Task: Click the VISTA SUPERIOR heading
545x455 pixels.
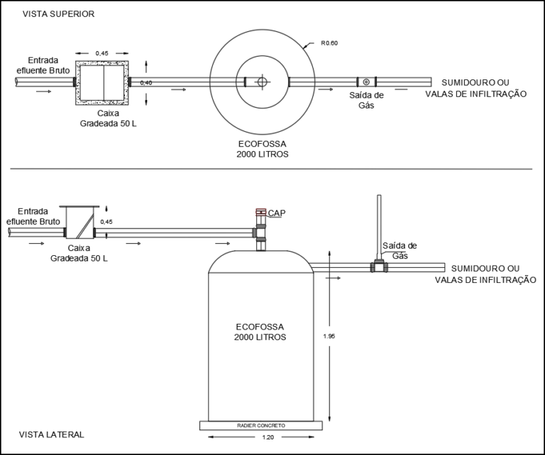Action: [x=58, y=14]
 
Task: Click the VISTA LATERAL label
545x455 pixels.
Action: [x=51, y=434]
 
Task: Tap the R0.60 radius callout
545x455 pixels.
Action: [x=329, y=43]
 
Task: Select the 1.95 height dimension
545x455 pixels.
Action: [x=329, y=336]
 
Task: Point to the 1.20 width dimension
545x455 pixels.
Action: [x=268, y=437]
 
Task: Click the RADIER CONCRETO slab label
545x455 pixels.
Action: [x=261, y=425]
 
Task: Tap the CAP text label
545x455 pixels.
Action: [x=277, y=213]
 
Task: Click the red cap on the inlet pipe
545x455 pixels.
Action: [x=261, y=212]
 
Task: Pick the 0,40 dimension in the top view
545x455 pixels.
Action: [x=146, y=83]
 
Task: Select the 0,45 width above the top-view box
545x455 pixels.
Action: [x=102, y=53]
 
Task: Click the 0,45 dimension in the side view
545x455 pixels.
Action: [x=106, y=222]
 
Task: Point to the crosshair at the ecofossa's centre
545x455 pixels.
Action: [x=262, y=82]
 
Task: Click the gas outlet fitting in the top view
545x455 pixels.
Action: [x=366, y=82]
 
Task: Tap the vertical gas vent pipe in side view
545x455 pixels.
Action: [x=379, y=227]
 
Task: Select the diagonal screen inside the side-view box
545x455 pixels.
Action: [x=85, y=226]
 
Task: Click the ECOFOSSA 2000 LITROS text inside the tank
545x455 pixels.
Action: [x=260, y=332]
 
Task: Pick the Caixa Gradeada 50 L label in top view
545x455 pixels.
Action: [x=108, y=118]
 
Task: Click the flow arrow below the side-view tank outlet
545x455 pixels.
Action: [x=333, y=278]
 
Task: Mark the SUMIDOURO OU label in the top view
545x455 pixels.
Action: [x=475, y=83]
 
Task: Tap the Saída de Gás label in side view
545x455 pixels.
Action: [x=400, y=251]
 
